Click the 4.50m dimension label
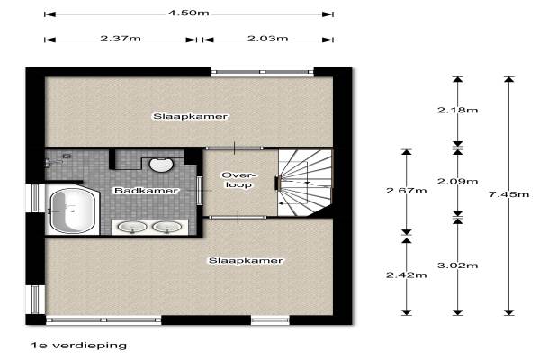188,13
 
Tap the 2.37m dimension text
121,38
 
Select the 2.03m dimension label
267,38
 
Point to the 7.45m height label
508,194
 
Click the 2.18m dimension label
457,110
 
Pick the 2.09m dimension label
457,181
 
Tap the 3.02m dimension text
457,265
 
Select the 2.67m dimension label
407,191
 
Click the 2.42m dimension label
407,274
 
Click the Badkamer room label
147,191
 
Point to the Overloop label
239,180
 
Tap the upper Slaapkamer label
191,116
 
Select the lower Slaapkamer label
246,260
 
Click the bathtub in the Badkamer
72,211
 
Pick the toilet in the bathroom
161,165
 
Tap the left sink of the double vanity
132,227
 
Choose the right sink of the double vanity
167,227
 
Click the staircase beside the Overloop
305,183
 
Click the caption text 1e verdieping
79,346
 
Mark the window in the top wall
263,72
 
